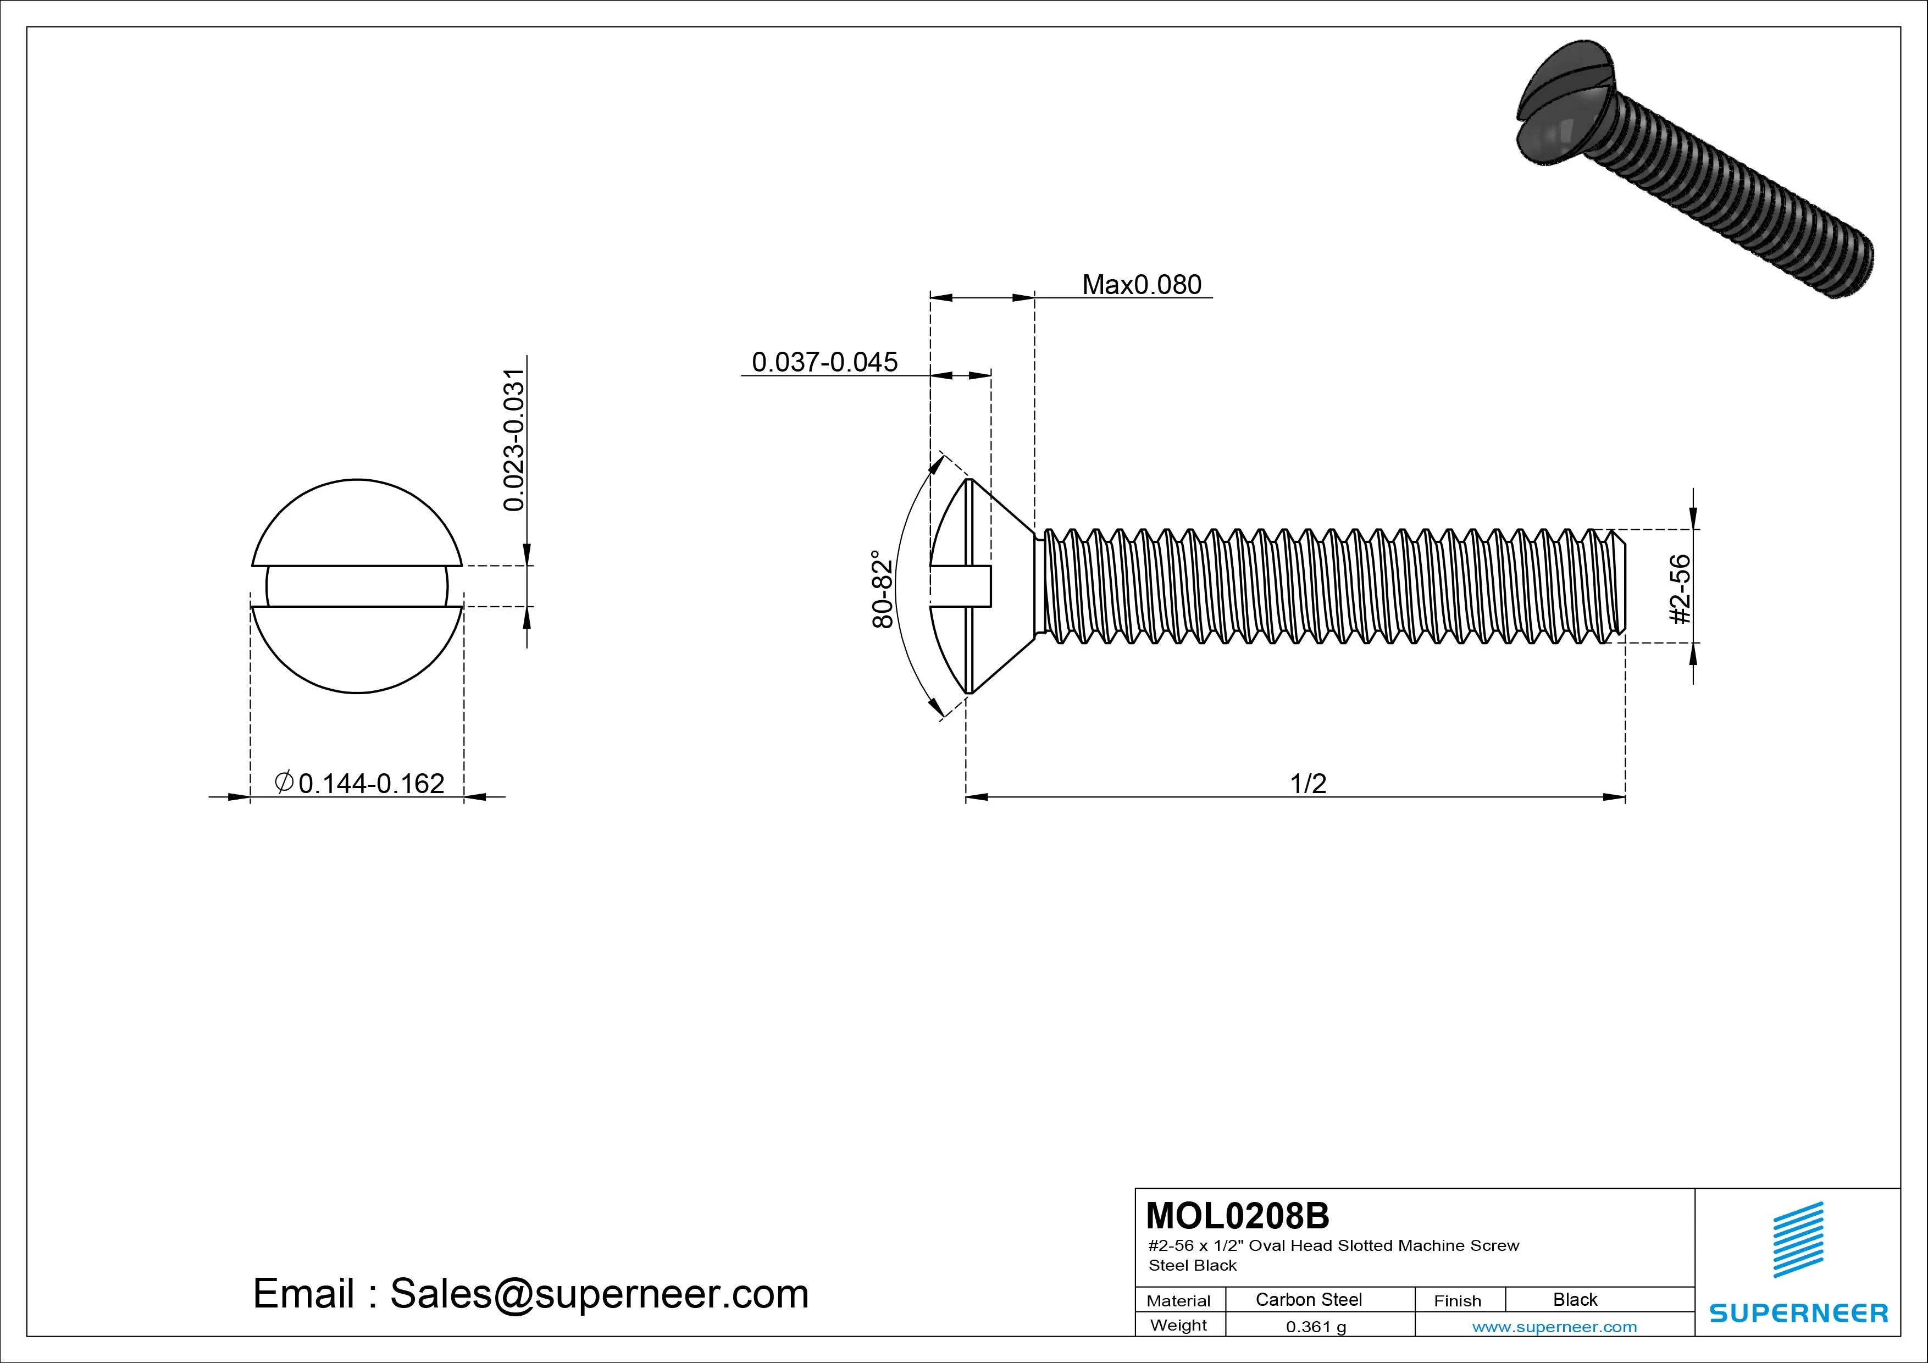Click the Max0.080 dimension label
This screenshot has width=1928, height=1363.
[1141, 285]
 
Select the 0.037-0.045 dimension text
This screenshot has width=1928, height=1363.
[824, 362]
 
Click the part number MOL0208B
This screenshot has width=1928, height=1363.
[1237, 1215]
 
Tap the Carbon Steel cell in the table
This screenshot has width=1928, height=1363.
[1308, 1299]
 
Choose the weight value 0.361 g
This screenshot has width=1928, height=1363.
[1316, 1327]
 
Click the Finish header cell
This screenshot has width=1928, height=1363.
[1457, 1301]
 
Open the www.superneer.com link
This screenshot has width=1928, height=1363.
[1554, 1327]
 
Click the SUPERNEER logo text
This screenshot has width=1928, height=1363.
[1798, 1312]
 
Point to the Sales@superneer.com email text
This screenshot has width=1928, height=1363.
[599, 1294]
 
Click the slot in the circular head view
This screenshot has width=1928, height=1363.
[357, 586]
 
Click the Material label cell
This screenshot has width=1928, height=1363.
[1178, 1301]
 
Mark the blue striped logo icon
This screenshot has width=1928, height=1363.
[1798, 1239]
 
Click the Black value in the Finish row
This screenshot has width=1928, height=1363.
[1575, 1299]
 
